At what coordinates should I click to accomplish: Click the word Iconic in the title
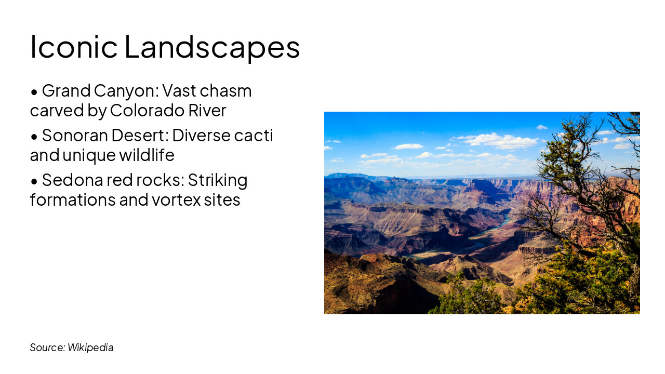[x=74, y=46]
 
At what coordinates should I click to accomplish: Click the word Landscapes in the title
[x=212, y=46]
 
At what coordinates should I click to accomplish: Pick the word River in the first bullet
[x=210, y=111]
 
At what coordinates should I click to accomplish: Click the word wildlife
[x=145, y=155]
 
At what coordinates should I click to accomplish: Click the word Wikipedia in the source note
[x=90, y=348]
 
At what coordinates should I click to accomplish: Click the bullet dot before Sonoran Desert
[x=34, y=137]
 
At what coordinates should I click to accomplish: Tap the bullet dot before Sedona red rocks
[x=34, y=181]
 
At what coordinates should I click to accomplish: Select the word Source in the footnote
[x=47, y=348]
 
